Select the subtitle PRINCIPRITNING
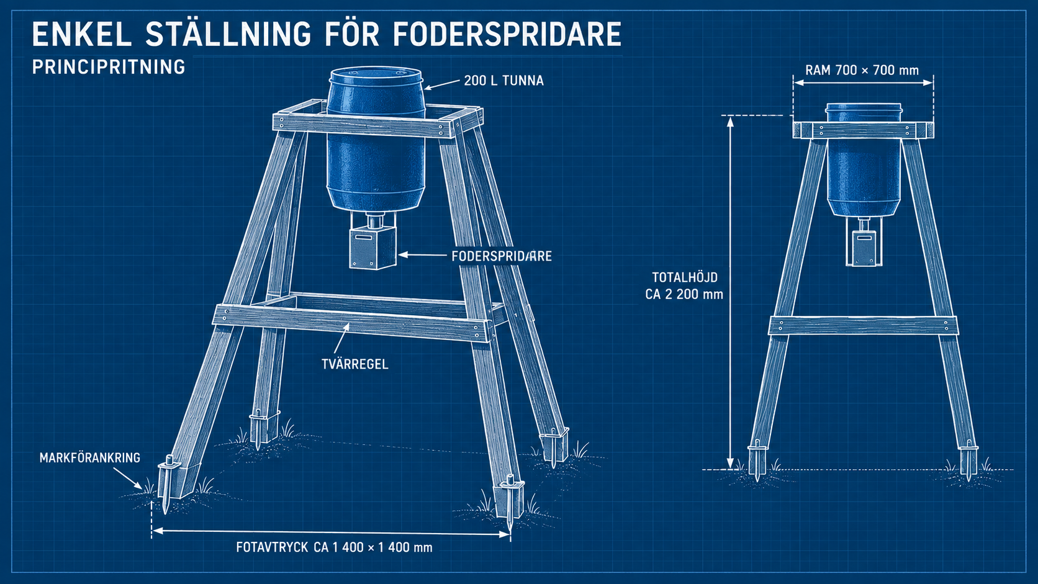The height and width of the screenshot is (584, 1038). pos(109,67)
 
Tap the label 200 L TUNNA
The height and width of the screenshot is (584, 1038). pos(503,81)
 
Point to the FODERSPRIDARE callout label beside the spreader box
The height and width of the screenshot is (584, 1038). pos(502,256)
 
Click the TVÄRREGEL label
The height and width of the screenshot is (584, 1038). pos(355,364)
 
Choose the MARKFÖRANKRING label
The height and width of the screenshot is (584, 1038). pos(90,458)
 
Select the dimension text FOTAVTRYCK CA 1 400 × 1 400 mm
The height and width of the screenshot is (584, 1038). pos(334,547)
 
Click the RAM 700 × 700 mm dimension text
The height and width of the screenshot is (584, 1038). pos(862,70)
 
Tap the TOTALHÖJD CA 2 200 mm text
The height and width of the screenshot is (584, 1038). pos(684,285)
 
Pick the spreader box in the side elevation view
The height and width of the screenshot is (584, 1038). pos(864,248)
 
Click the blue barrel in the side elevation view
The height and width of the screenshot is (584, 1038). pos(864,159)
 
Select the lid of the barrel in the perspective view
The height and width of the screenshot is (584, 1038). pos(376,76)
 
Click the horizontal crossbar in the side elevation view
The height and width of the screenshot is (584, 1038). pos(863,325)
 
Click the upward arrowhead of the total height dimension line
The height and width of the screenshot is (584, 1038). pos(730,122)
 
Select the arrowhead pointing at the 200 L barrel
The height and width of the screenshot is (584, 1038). pos(428,87)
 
